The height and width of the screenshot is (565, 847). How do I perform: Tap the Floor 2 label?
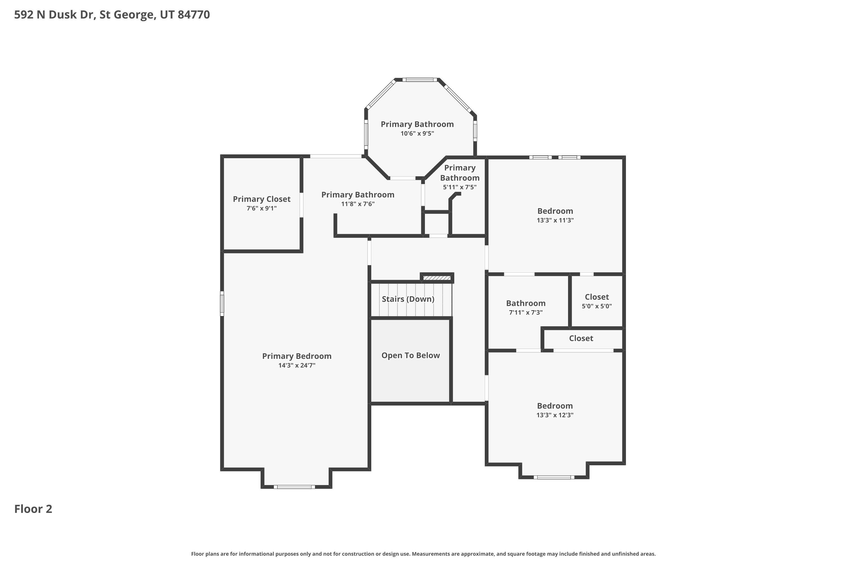tap(33, 509)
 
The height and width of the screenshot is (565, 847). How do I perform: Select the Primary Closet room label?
tap(261, 199)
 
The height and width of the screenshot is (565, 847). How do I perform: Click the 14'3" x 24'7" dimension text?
tap(297, 365)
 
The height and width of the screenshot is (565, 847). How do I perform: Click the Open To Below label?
tap(411, 355)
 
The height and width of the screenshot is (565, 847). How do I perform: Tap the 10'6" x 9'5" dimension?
tap(417, 134)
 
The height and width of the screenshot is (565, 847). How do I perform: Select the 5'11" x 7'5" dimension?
tap(460, 187)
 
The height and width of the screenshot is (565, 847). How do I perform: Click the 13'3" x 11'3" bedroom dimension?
tap(555, 220)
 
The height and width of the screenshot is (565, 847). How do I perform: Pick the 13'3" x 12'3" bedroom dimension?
tap(555, 415)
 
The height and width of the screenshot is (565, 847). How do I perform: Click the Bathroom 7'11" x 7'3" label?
tap(525, 303)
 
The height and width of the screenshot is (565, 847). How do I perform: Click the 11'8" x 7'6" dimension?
tap(358, 204)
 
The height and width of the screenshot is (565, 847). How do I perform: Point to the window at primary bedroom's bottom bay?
tap(294, 487)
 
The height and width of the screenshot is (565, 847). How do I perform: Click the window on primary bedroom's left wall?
tap(222, 303)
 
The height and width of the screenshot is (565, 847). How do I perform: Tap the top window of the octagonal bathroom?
tap(420, 80)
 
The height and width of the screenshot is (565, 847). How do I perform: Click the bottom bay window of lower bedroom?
tap(554, 477)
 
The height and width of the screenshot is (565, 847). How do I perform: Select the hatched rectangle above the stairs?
tap(436, 278)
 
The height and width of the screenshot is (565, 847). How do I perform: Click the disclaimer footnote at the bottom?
tap(423, 554)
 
